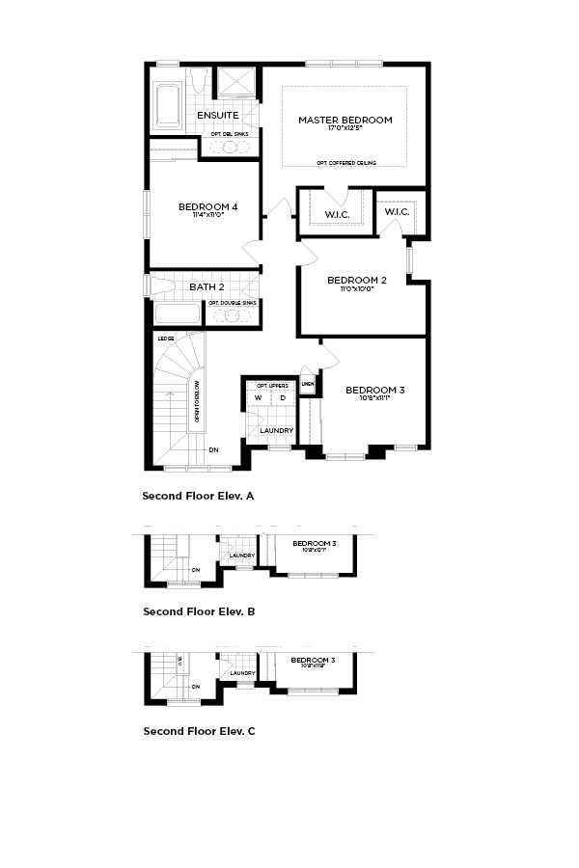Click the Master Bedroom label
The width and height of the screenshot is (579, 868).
point(345,120)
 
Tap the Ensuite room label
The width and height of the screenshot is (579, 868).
point(217,116)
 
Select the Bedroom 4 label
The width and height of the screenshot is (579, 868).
point(207,207)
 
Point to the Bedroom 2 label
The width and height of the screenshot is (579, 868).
point(357,281)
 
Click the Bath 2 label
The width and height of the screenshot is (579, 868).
point(207,286)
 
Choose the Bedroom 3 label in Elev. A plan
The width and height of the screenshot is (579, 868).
point(374,390)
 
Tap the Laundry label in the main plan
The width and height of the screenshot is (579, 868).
point(277,430)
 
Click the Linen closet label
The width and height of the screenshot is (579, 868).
point(308,384)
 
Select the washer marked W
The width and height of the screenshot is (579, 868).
point(258,397)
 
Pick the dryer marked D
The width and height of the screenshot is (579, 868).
point(283,397)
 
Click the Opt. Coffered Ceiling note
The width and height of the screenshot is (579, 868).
point(345,163)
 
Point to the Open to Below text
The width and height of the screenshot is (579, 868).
point(197,401)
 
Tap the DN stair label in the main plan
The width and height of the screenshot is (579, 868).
point(213,449)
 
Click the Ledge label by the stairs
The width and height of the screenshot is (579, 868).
point(166,339)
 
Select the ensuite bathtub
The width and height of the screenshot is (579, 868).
point(171,102)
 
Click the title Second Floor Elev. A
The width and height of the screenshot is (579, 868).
point(198,496)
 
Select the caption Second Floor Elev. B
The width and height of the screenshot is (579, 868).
point(199,611)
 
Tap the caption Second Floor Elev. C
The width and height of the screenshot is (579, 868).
point(199,731)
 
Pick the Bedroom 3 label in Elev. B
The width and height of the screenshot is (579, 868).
point(315,544)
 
